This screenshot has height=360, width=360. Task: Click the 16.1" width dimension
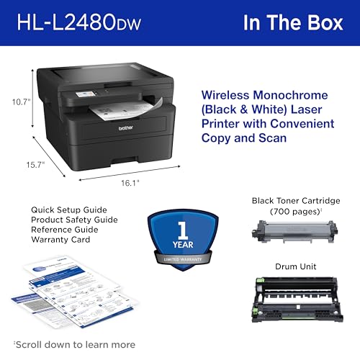click(x=130, y=184)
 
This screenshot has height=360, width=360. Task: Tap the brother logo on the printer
click(x=127, y=127)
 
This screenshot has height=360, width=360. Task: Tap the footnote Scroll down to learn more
click(x=74, y=343)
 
